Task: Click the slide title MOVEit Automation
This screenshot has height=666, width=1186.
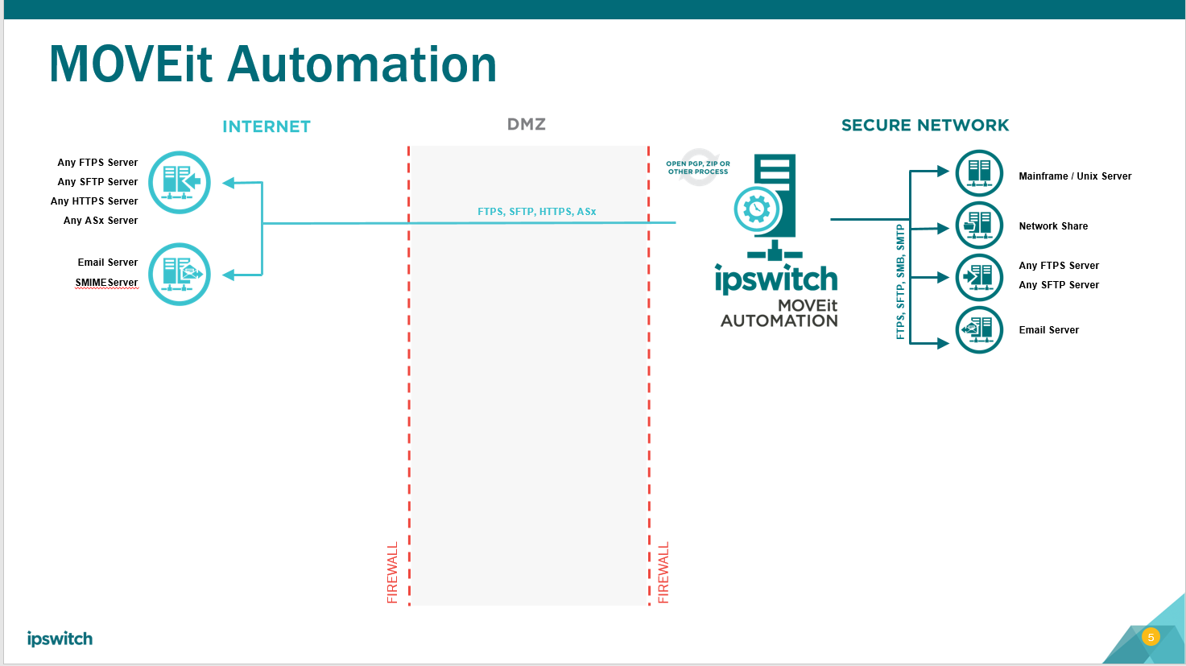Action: point(272,64)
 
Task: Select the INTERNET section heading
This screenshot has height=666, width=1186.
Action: point(267,126)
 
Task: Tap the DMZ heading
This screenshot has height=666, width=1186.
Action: point(527,124)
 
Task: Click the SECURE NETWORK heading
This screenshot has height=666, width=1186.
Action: point(924,126)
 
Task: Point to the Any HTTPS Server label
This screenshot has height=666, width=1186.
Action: point(94,201)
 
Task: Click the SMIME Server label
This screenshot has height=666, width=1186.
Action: point(106,283)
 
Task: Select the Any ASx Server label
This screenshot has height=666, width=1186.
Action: point(101,221)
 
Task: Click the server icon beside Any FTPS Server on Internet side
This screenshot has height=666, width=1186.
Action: point(180,183)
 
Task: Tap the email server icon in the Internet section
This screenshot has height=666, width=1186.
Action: point(180,275)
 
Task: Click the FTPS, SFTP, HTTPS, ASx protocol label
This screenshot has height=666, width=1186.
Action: point(536,212)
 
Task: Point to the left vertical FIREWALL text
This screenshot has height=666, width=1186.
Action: point(393,573)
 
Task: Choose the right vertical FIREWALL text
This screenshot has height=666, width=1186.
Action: point(663,573)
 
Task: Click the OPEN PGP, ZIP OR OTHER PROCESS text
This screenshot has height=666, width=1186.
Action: point(698,168)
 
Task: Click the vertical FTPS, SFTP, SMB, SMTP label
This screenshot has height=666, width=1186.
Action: point(900,282)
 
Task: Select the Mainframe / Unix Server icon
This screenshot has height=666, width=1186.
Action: point(979,173)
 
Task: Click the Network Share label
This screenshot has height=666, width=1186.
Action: point(1053,226)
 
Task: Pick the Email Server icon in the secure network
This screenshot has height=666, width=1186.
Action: point(979,330)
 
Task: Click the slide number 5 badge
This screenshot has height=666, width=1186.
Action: point(1151,637)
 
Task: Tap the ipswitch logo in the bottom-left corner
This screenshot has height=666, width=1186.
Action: point(60,639)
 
